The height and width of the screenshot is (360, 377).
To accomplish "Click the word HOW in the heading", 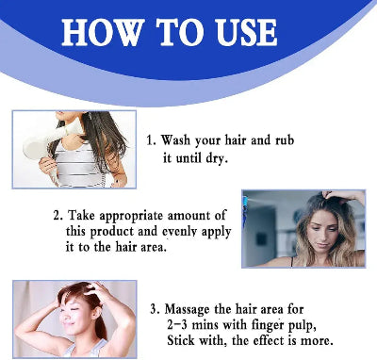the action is pos(102,33).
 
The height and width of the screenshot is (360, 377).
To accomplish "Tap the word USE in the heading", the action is pos(246,33).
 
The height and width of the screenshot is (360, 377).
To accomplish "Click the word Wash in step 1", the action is pos(175,139).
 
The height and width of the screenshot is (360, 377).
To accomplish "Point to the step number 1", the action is pos(151,140).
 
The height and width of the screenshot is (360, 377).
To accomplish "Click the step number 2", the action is pos(58,216).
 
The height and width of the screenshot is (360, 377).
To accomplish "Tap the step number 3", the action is pos(155,309).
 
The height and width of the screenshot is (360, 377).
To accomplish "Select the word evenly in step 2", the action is pos(179,233).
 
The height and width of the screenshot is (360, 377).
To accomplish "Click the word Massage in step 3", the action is pos(187,310).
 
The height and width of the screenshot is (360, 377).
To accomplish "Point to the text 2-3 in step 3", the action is pos(177,325).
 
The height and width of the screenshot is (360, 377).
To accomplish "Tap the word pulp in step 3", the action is pos(302,326).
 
